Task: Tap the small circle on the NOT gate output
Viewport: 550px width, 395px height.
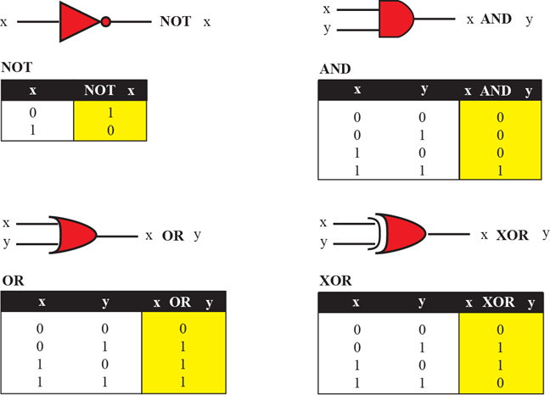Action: click(106, 22)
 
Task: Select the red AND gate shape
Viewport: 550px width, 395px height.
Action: click(395, 19)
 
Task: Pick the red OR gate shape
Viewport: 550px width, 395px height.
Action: click(74, 233)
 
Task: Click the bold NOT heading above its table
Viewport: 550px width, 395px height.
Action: click(18, 64)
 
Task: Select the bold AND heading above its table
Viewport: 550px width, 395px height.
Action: click(335, 68)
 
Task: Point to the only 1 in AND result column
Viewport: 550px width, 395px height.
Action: click(501, 170)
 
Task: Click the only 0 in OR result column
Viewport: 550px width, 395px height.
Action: click(182, 328)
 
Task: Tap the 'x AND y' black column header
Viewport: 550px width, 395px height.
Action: click(499, 90)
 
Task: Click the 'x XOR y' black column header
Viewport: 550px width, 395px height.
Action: click(499, 302)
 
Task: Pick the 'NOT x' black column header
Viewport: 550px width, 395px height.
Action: click(109, 90)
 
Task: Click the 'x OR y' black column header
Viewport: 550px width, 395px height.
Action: click(182, 302)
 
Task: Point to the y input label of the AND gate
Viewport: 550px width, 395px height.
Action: click(326, 31)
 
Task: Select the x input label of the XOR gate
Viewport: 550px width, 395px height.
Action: click(323, 222)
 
